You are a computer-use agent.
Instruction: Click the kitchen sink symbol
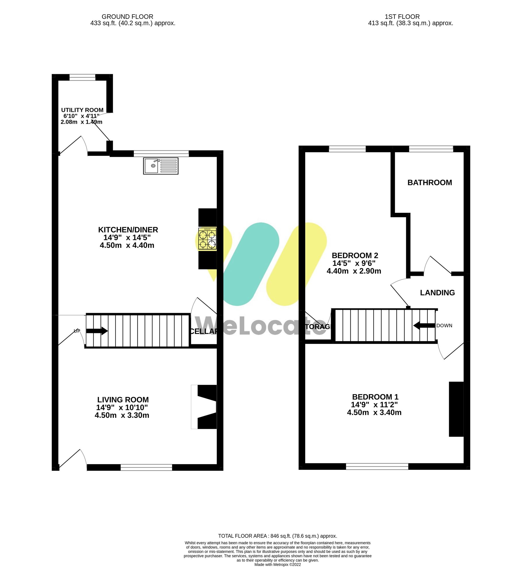point(161,166)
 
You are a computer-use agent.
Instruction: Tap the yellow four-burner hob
point(207,239)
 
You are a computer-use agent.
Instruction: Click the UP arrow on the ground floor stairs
point(97,331)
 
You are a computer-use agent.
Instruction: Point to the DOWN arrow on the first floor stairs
point(424,326)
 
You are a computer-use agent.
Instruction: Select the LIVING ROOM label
point(123,400)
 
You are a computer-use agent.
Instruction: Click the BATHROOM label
point(429,183)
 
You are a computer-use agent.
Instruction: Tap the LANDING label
point(437,293)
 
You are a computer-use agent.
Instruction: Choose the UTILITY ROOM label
point(82,110)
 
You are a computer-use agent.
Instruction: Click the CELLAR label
point(203,331)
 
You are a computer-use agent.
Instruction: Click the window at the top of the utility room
point(82,77)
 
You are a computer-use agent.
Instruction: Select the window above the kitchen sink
point(161,154)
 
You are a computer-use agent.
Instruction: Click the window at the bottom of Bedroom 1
point(377,466)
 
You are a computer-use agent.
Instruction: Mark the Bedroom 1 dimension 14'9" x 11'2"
point(374,405)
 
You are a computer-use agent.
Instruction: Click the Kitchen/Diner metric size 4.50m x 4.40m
point(127,245)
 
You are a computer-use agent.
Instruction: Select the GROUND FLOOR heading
point(127,17)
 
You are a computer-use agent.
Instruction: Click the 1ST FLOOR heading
point(402,17)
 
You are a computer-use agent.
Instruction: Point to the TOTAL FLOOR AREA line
point(277,536)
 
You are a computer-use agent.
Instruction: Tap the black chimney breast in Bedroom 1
point(456,409)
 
